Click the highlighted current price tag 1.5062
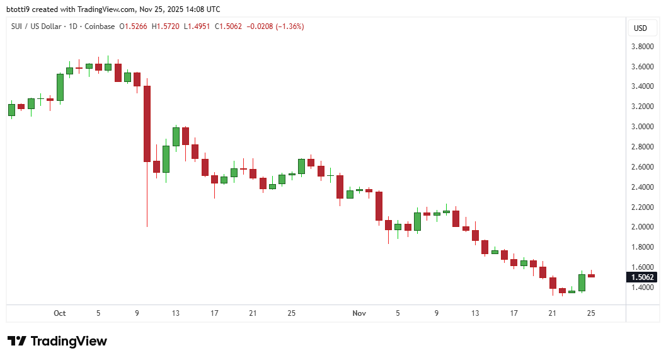(641, 277)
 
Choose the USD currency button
(640, 28)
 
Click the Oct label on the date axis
(60, 313)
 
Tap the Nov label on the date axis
(359, 313)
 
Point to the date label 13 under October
(176, 313)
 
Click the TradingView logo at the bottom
(57, 341)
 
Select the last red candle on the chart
(592, 276)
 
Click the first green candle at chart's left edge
(11, 110)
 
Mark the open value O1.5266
(133, 26)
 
